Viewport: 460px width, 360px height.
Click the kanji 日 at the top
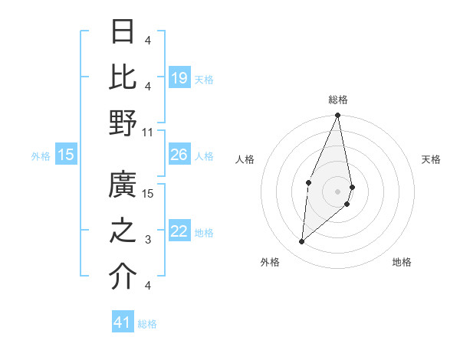[123, 31]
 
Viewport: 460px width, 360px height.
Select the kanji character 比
[123, 76]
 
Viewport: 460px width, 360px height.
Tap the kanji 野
[123, 123]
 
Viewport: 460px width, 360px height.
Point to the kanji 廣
[123, 185]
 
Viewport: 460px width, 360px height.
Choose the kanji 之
[123, 231]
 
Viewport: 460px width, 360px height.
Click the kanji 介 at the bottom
[123, 277]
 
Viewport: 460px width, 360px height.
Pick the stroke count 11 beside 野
[149, 132]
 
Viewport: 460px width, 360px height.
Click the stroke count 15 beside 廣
[149, 194]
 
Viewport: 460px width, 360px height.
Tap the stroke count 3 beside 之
[147, 240]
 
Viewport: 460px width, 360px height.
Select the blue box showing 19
[179, 78]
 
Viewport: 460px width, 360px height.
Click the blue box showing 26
[179, 155]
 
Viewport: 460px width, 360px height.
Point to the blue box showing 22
[179, 232]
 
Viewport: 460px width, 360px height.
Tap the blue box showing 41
[123, 322]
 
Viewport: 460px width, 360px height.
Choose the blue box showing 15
[66, 155]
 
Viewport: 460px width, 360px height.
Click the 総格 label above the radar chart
[338, 100]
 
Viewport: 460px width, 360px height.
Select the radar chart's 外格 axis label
[270, 262]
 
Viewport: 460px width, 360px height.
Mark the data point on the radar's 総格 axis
[338, 116]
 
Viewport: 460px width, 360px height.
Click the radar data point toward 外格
[302, 241]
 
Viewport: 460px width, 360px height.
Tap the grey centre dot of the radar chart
[338, 191]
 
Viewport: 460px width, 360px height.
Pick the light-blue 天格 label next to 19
[204, 79]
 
